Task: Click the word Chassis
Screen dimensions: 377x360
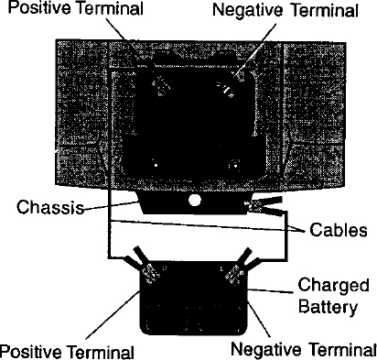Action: pos(50,207)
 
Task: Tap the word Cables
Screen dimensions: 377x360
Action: pos(339,230)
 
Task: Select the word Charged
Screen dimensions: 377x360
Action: pos(333,286)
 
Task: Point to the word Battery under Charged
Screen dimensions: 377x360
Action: pos(328,306)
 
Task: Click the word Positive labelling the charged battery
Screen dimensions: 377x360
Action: pos(30,352)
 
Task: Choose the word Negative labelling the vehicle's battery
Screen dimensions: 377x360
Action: pos(248,10)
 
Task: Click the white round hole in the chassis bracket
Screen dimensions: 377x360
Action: pos(195,201)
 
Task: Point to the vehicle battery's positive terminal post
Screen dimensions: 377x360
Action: pos(162,84)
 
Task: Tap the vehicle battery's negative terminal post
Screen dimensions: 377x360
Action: pos(226,88)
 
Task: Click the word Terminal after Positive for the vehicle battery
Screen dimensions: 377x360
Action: pos(111,8)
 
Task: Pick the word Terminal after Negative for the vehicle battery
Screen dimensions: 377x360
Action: pos(324,10)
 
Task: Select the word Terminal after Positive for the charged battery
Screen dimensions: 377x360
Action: pos(100,352)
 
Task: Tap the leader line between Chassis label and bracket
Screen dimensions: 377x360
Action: pos(112,205)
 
